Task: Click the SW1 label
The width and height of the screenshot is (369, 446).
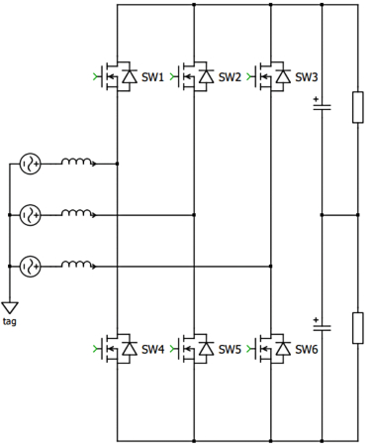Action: (x=153, y=76)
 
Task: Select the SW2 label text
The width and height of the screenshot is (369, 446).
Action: (x=230, y=76)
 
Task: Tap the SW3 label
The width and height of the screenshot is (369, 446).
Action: (x=306, y=76)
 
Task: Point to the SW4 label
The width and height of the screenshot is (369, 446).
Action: (x=153, y=349)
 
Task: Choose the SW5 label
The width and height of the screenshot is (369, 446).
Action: (x=230, y=349)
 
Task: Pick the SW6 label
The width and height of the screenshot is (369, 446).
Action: (x=306, y=349)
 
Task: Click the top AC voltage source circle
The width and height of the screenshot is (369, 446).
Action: (x=30, y=164)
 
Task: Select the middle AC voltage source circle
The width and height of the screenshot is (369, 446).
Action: (x=30, y=214)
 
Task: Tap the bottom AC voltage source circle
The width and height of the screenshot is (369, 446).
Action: (x=30, y=265)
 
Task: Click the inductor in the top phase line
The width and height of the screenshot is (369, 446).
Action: (x=78, y=163)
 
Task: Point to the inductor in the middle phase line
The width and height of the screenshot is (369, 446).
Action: (x=78, y=213)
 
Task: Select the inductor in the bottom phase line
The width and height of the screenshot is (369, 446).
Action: (x=78, y=264)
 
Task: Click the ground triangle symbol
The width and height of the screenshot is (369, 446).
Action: (x=10, y=308)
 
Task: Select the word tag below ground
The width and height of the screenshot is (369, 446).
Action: (x=10, y=322)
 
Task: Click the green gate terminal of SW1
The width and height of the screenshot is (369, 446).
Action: (x=95, y=75)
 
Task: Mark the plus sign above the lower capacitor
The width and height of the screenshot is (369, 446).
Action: (x=316, y=318)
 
